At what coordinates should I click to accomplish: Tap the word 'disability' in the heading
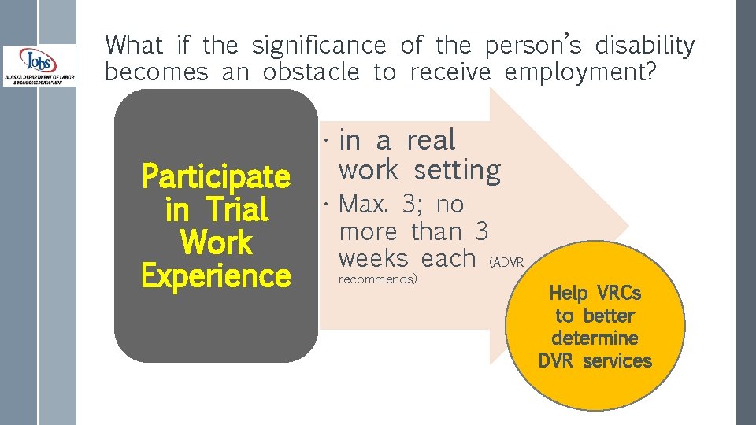tap(645, 46)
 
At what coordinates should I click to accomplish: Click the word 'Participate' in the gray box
tap(216, 176)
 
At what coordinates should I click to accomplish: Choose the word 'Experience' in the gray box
tap(216, 276)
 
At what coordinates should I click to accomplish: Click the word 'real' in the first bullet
tap(431, 140)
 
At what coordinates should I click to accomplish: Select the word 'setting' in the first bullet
tap(457, 170)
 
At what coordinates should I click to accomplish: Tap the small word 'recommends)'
tap(377, 279)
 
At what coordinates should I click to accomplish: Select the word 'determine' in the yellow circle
tap(595, 338)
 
